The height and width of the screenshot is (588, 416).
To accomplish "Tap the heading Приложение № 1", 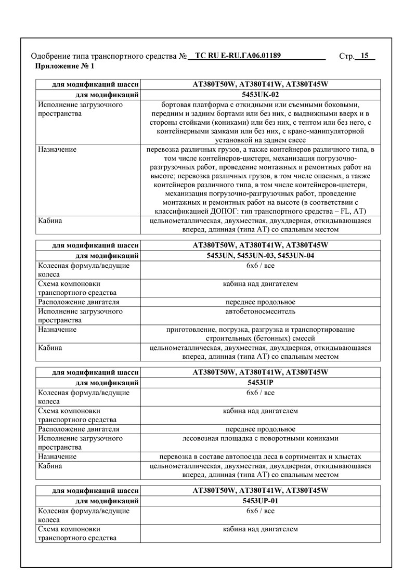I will pos(64,66).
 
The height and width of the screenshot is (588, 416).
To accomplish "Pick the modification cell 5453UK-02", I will pos(261,95).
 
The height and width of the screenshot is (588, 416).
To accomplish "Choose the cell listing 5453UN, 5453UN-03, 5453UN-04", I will pos(261,256).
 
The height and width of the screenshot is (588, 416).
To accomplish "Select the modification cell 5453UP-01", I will pos(261,501).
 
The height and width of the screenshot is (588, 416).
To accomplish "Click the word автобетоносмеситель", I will pos(261,311).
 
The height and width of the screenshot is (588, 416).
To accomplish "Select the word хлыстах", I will pos(348,456).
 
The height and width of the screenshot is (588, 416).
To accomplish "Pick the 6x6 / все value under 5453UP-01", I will pos(261,511).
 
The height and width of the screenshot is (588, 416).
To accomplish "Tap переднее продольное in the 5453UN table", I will pos(261,302).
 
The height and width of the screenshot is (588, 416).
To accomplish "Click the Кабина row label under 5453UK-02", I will pos(50,221).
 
